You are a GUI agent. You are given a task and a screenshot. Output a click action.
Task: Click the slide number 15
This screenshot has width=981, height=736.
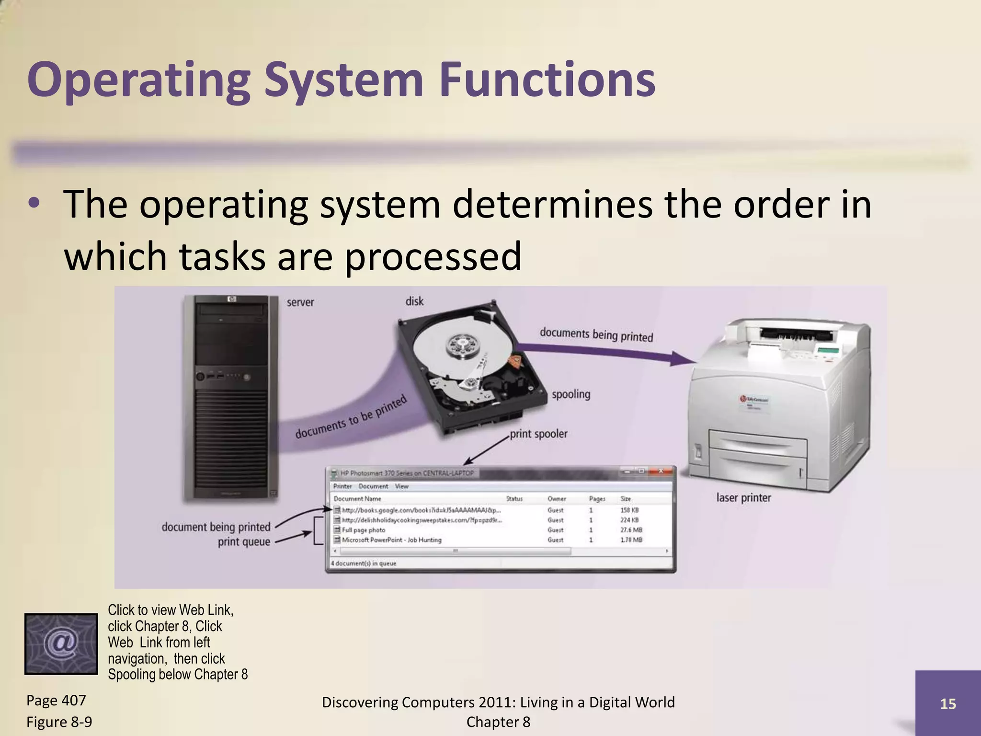[948, 704]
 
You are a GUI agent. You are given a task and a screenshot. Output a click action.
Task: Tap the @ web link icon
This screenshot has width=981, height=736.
[61, 644]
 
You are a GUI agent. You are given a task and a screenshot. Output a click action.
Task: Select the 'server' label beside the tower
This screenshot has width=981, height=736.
[300, 302]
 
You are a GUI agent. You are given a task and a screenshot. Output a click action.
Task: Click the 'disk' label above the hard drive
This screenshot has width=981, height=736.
[414, 301]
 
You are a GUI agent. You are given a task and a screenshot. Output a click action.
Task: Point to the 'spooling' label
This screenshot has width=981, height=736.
[570, 394]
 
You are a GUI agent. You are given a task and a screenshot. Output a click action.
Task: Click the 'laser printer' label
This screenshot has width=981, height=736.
[743, 498]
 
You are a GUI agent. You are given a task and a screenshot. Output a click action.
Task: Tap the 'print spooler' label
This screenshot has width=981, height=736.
[538, 434]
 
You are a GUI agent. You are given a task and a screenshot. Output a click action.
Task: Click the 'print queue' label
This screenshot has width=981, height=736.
[244, 542]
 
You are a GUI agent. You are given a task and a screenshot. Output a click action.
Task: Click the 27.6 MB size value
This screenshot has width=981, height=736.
[631, 530]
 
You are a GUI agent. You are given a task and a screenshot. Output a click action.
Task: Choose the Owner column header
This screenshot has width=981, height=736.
[557, 499]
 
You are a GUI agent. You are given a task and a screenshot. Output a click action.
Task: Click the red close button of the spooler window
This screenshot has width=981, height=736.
[661, 471]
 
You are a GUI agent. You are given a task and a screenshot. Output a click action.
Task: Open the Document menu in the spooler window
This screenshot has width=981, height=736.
[373, 486]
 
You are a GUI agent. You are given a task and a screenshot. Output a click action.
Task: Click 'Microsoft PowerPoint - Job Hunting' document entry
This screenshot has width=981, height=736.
[391, 540]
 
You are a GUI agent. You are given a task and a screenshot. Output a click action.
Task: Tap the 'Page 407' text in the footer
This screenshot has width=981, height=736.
[56, 701]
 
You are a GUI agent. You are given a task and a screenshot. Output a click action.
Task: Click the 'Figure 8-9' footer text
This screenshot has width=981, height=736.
[59, 722]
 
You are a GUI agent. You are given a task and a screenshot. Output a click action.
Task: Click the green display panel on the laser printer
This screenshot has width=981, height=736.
[828, 350]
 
